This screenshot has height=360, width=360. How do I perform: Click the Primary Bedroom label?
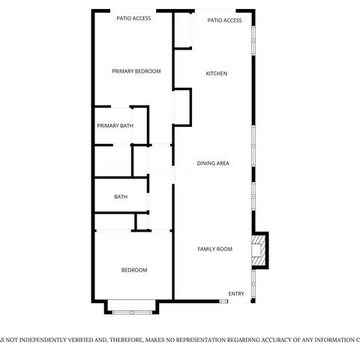point(136,71)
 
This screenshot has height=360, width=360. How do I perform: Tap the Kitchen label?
point(217,73)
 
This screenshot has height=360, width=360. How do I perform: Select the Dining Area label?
point(213,163)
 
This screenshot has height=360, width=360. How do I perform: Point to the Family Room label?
point(214,249)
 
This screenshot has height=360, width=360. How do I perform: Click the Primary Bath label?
point(115,126)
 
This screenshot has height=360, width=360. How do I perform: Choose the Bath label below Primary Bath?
point(120,197)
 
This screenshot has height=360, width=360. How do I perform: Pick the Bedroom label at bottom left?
point(134,270)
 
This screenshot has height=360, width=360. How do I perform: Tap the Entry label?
point(236,293)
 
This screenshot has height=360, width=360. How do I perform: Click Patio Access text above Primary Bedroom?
point(134,19)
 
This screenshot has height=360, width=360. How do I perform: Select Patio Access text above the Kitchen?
point(224,21)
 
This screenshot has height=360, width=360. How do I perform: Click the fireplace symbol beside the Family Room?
point(259,250)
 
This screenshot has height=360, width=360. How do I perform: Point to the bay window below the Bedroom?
point(131,307)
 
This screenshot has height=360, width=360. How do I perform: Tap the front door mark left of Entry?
point(223,301)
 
